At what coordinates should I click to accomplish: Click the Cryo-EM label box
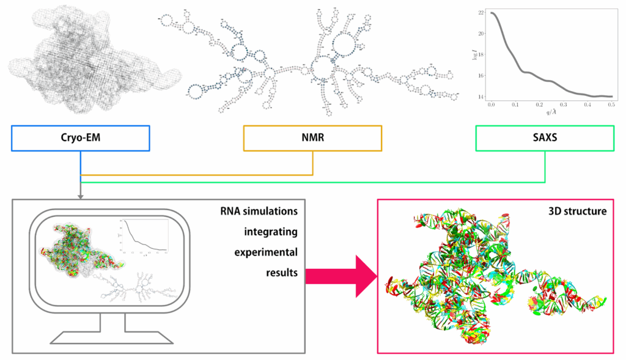click(81, 138)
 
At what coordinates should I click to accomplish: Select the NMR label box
click(312, 138)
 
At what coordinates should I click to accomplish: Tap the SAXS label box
click(545, 138)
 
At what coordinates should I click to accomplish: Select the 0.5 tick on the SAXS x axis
click(611, 105)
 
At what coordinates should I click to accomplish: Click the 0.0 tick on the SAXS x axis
click(492, 105)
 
